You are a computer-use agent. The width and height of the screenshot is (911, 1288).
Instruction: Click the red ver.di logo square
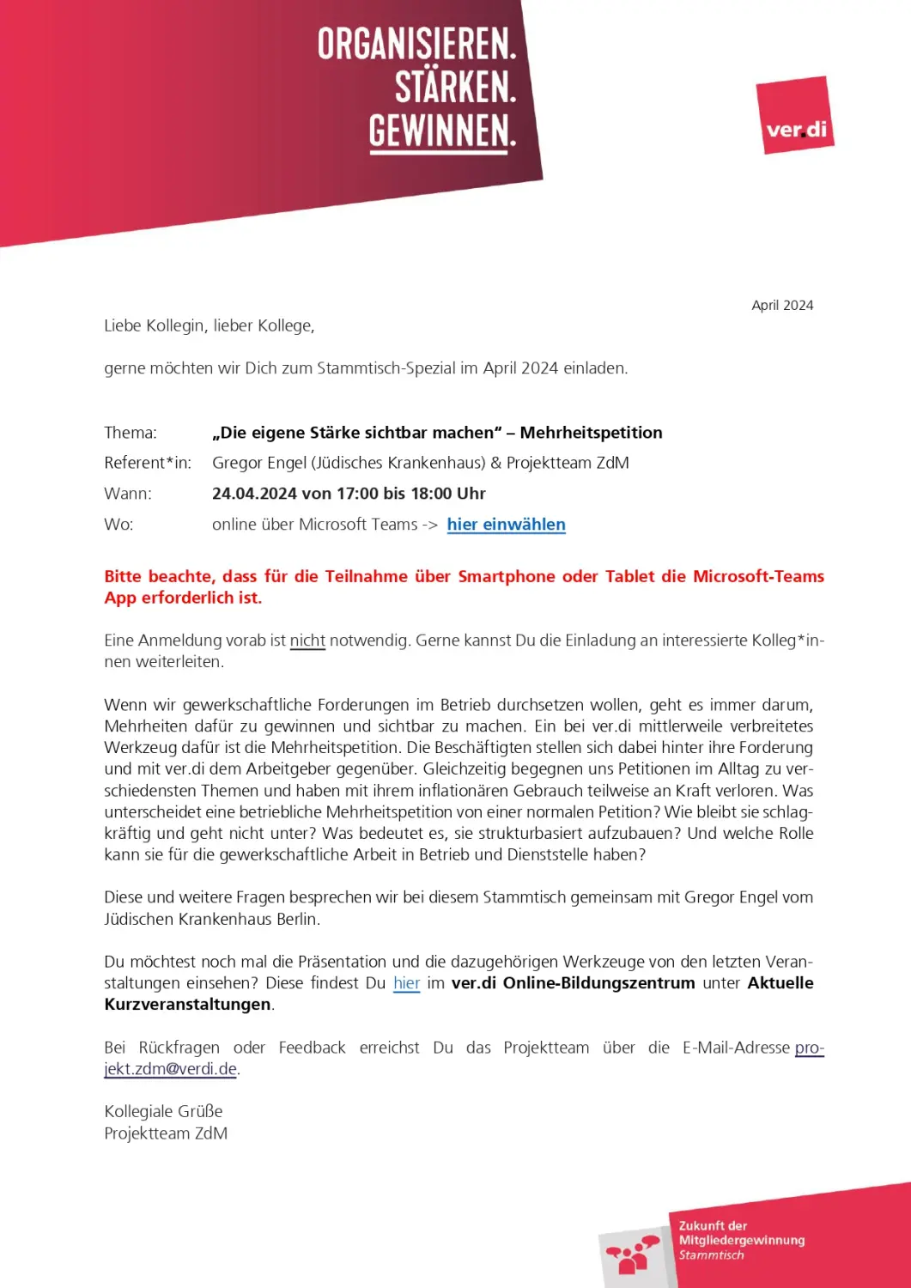coord(795,115)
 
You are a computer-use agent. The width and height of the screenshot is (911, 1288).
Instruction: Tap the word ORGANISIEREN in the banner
coord(416,44)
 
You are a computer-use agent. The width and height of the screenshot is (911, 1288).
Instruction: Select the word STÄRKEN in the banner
coord(455,88)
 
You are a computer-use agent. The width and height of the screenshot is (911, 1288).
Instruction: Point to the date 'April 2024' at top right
coord(782,306)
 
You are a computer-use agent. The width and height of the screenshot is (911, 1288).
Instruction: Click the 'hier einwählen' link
coord(506,525)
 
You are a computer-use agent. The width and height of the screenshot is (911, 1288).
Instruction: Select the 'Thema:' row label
coord(131,433)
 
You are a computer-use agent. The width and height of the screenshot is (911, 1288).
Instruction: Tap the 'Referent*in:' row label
coord(148,463)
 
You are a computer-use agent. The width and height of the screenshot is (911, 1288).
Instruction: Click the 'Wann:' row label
coord(128,494)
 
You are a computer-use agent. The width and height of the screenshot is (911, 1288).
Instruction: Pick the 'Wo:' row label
coord(118,525)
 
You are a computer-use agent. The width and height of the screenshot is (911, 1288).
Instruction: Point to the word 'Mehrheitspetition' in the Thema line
coord(591,433)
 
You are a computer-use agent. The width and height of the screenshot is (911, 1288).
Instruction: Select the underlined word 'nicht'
coord(307,641)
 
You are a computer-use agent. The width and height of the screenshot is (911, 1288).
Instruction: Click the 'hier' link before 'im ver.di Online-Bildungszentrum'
coord(406,983)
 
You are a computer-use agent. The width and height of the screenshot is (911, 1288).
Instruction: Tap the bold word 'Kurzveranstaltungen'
coord(187,1005)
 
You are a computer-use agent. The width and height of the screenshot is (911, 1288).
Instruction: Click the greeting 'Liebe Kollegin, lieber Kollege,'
coord(210,326)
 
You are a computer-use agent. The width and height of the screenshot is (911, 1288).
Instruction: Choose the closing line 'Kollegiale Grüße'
coord(163,1112)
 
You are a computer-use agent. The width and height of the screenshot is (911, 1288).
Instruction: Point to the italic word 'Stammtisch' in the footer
coord(711,1255)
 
